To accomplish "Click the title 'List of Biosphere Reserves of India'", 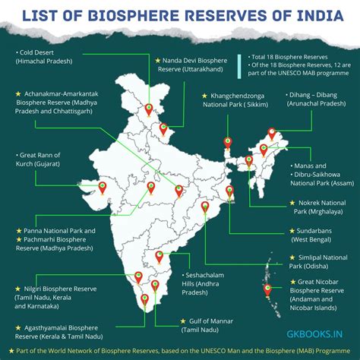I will click(180, 17).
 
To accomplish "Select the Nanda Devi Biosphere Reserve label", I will click(194, 64).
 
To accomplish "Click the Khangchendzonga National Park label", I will click(243, 102).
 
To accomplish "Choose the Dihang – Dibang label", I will click(311, 102).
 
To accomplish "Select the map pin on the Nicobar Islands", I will click(267, 289).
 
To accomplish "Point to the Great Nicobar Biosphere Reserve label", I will click(314, 291).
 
